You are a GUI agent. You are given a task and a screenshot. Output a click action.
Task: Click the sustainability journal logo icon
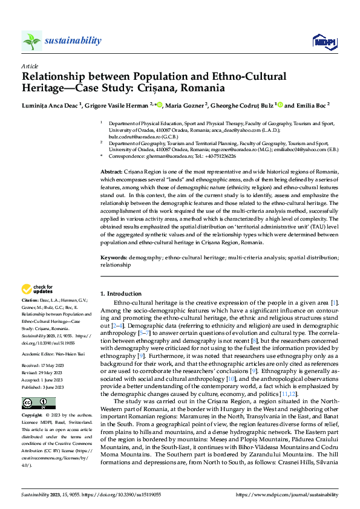(32, 41)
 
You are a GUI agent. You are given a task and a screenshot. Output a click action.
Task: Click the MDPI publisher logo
(324, 41)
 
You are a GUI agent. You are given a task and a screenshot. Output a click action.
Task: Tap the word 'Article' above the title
(30, 66)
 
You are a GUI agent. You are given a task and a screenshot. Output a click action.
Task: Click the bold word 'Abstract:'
(113, 172)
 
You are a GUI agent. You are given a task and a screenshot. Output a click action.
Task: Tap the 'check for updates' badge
(38, 290)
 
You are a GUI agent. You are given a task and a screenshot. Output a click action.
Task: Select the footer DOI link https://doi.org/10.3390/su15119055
(123, 494)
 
